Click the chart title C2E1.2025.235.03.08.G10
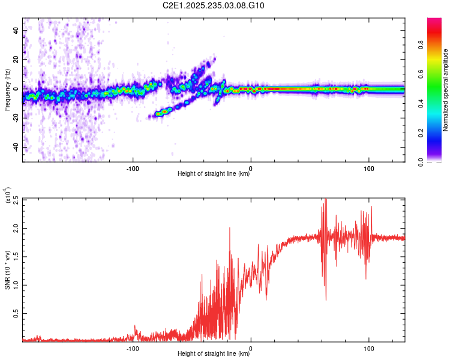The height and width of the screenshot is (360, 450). point(214,5)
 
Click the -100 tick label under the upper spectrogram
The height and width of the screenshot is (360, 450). point(133,168)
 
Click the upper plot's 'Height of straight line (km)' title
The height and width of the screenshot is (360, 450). point(214,174)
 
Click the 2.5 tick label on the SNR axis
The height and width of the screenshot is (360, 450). point(15,199)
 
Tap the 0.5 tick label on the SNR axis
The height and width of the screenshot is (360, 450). point(15,313)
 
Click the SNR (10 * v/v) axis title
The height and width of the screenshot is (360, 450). point(7,270)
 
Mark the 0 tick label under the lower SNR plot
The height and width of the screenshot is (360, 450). point(251,348)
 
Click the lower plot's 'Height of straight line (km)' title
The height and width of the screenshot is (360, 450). point(214,354)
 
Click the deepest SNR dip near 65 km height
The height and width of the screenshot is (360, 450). point(326,299)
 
